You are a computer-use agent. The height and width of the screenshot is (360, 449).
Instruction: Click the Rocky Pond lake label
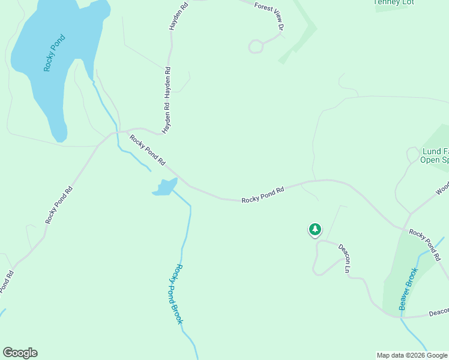[x=54, y=53]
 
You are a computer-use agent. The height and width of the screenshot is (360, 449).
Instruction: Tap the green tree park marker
[x=315, y=229]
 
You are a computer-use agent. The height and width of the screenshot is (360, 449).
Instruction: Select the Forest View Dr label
[x=268, y=15]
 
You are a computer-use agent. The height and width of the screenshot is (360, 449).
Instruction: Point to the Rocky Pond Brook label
[x=175, y=295]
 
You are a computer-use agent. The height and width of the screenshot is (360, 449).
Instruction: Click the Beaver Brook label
[x=408, y=289]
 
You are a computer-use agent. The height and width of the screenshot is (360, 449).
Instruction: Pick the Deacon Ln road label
[x=343, y=258]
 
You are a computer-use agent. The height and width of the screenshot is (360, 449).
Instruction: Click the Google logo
[x=20, y=353]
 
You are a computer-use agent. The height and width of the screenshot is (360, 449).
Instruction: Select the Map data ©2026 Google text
[x=412, y=355]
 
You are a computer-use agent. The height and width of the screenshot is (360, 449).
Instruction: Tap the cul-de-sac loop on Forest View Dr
[x=256, y=46]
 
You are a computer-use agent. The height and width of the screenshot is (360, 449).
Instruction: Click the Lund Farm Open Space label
[x=435, y=155]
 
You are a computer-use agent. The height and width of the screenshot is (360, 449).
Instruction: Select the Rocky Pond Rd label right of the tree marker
[x=425, y=244]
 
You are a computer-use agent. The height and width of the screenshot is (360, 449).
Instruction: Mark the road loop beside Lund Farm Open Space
[x=413, y=154]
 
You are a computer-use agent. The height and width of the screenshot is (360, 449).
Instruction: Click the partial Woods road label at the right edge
[x=442, y=189]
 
